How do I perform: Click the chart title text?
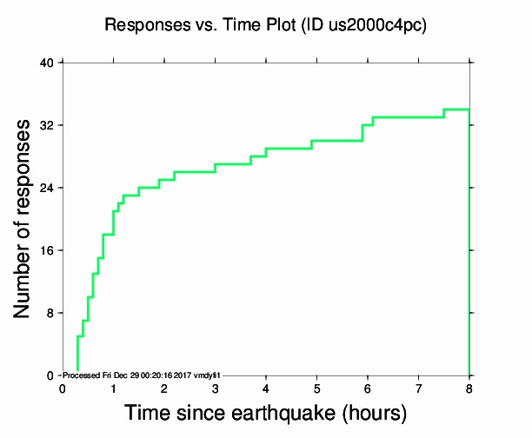pyautogui.click(x=265, y=25)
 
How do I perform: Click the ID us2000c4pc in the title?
pyautogui.click(x=381, y=25)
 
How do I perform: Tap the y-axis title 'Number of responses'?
pyautogui.click(x=24, y=218)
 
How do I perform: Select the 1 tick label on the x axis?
pyautogui.click(x=113, y=388)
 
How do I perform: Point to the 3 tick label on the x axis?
pyautogui.click(x=215, y=388)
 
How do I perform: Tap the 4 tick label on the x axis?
pyautogui.click(x=266, y=388)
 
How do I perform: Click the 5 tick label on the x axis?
pyautogui.click(x=316, y=388)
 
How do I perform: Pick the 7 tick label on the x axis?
pyautogui.click(x=418, y=388)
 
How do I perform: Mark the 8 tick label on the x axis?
pyautogui.click(x=469, y=388)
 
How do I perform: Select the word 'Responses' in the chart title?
pyautogui.click(x=139, y=25)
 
